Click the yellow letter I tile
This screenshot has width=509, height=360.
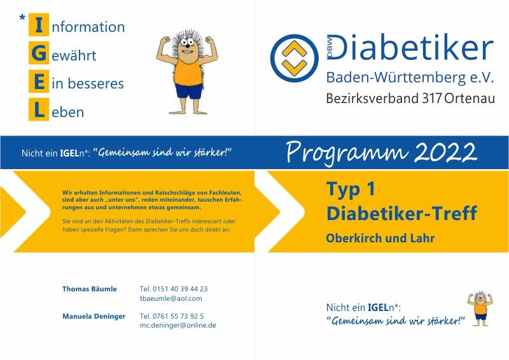tap(39, 25)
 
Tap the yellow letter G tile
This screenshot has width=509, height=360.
tap(39, 53)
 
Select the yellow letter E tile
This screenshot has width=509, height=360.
tap(39, 81)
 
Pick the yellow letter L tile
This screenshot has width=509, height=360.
tap(39, 109)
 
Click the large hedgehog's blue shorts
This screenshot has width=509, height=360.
tap(189, 91)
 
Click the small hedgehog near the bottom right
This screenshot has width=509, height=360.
tap(480, 308)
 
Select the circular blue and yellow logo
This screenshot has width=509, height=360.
tap(294, 58)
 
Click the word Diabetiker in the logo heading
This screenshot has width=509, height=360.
tap(410, 47)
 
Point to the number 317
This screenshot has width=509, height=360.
tap(432, 99)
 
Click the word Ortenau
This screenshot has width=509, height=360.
tap(470, 99)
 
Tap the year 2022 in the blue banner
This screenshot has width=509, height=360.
tap(446, 152)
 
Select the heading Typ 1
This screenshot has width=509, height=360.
tap(351, 189)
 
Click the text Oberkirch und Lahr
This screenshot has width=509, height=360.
tap(380, 238)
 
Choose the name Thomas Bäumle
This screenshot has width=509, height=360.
tap(90, 289)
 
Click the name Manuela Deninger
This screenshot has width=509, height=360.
tap(94, 316)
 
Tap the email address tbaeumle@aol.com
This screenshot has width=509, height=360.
tap(171, 298)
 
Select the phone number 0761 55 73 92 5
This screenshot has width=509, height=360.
tap(178, 316)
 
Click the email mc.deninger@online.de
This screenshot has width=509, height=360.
tap(178, 325)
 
